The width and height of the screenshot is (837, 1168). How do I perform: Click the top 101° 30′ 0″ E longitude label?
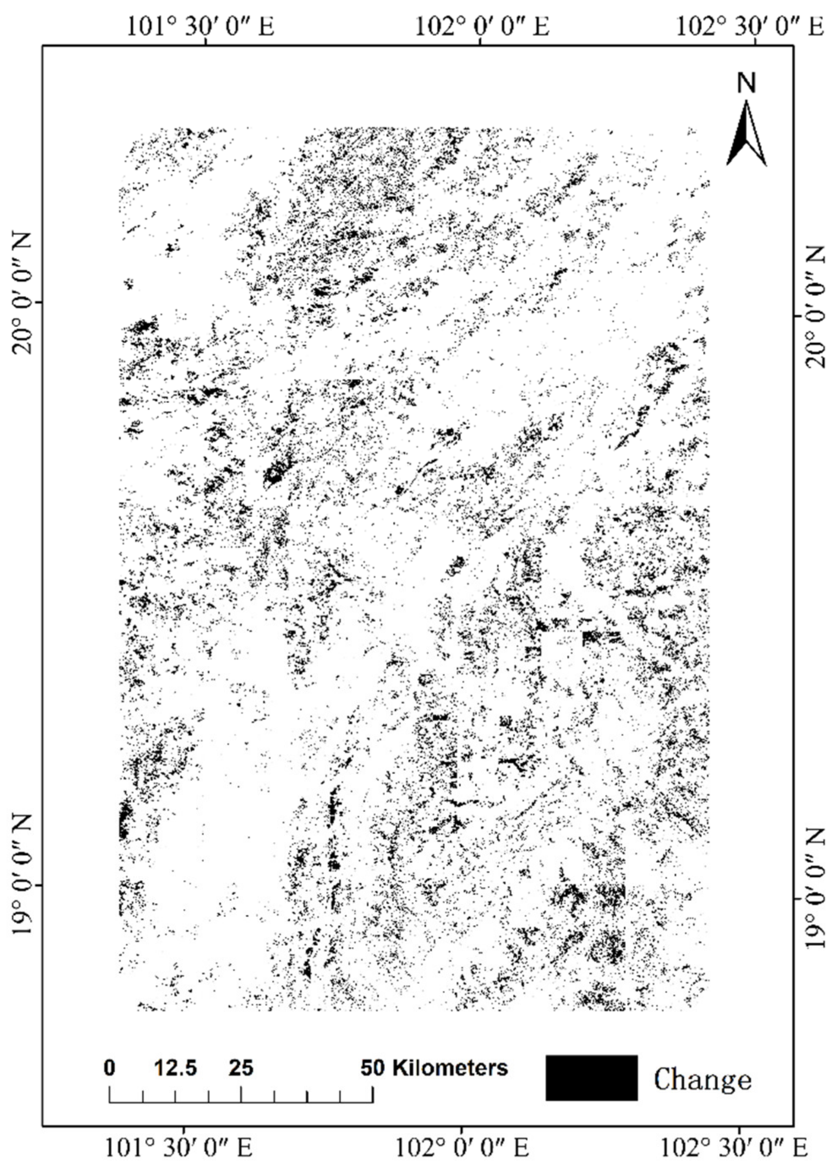tap(200, 26)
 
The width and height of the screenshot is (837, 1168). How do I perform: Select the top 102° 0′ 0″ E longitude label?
tap(481, 26)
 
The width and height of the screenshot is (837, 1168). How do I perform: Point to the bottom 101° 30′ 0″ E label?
tap(178, 1147)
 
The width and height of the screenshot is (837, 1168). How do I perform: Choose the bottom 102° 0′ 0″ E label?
tap(462, 1147)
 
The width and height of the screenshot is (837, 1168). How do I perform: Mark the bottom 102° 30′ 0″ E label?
tap(734, 1147)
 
